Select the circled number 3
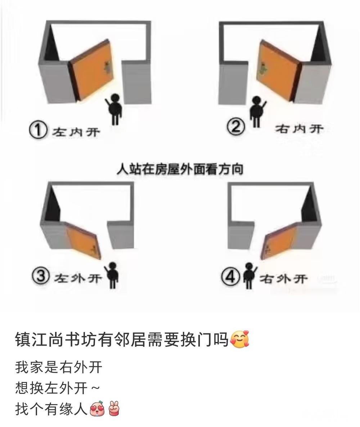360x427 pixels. tap(41, 276)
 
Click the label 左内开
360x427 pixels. tap(76, 132)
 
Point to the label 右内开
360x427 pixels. tap(299, 129)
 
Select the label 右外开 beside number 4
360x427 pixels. tap(283, 279)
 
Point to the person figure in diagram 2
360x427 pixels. tap(257, 111)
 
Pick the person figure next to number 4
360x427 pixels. tap(249, 275)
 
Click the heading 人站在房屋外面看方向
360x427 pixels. tap(180, 169)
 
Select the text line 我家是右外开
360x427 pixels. tap(59, 367)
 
